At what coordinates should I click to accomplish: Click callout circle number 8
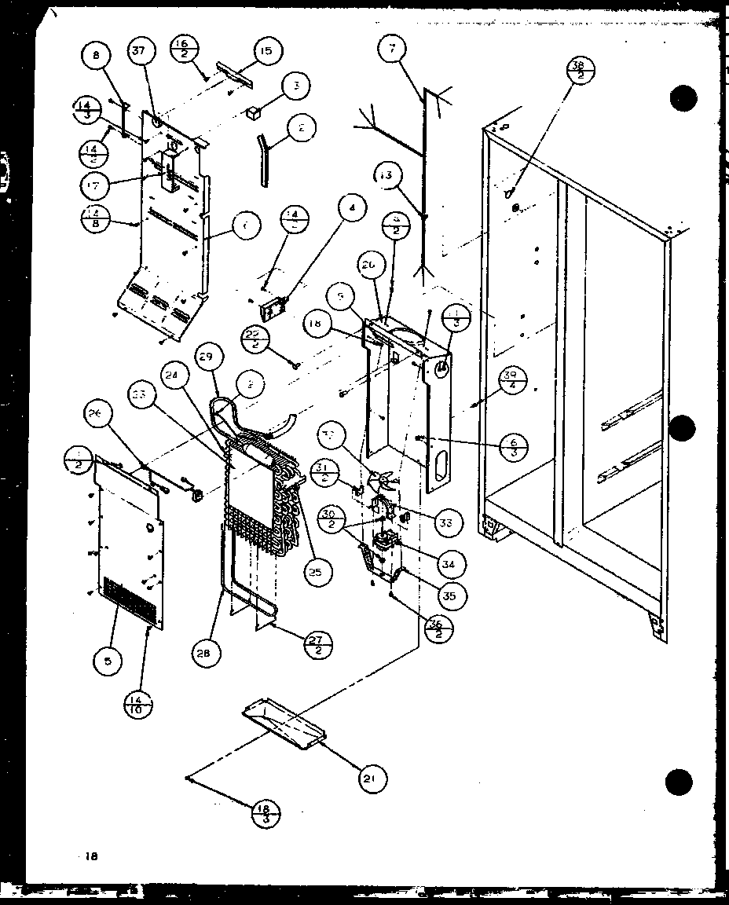coord(97,56)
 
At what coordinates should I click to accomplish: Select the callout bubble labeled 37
coord(139,53)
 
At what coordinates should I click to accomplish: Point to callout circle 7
coord(390,49)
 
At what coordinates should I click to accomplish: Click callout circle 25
coord(315,572)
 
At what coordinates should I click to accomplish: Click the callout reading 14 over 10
coord(138,704)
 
